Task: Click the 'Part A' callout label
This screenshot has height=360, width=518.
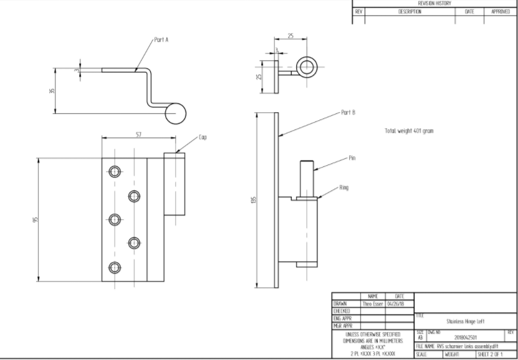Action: [x=161, y=39]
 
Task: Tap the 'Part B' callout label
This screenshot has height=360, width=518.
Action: [x=348, y=113]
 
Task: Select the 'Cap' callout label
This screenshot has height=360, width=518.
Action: [x=203, y=136]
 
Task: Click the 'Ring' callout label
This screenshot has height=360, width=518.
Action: [x=343, y=187]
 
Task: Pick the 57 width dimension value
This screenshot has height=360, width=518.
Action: [x=138, y=135]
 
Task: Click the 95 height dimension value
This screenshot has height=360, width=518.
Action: [x=36, y=220]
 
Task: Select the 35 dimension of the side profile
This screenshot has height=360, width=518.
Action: [x=52, y=91]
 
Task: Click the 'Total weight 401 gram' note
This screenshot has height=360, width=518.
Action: [x=410, y=131]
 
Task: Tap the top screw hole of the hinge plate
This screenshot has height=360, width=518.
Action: [x=115, y=171]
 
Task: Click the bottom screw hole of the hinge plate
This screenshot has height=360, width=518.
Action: [x=115, y=268]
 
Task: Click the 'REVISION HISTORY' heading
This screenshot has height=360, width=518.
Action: [x=434, y=4]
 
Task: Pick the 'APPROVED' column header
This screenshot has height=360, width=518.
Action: [x=500, y=12]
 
